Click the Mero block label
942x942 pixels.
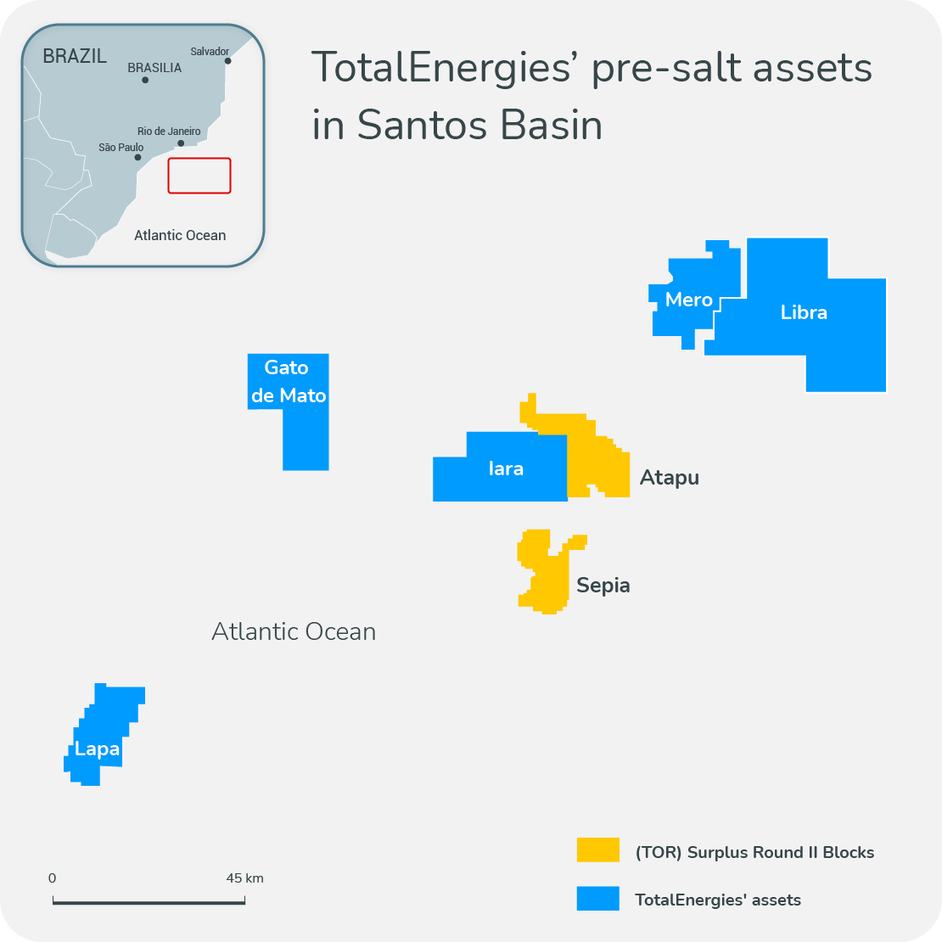[688, 300]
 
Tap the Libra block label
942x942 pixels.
[804, 312]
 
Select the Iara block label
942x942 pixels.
[506, 468]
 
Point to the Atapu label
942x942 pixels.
[670, 478]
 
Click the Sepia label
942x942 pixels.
[603, 586]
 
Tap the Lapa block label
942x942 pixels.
[97, 749]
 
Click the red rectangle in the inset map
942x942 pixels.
[199, 176]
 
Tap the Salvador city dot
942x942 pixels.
[227, 61]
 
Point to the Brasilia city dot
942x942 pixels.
[145, 80]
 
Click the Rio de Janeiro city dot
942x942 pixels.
[181, 143]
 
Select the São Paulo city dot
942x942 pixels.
[137, 157]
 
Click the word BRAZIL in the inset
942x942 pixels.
[75, 57]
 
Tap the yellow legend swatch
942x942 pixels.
[597, 850]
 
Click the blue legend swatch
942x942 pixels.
[597, 899]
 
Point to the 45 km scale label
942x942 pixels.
[244, 878]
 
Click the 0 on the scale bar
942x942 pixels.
[53, 878]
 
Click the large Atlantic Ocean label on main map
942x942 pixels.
[294, 631]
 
